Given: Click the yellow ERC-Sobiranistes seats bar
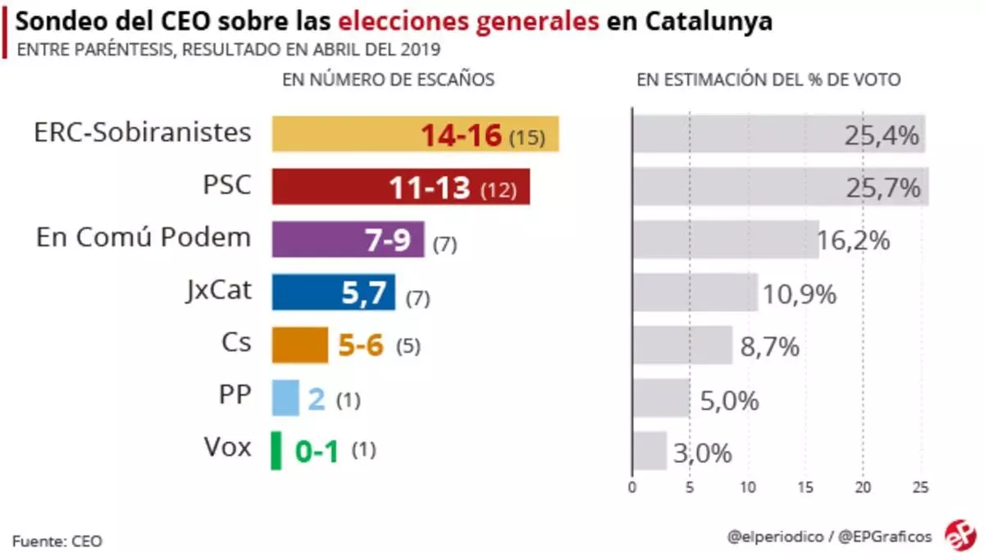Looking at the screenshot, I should [415, 134].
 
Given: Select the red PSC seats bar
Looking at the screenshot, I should [400, 187].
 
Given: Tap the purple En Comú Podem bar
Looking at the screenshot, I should [348, 240].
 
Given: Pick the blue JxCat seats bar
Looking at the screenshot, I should [333, 292].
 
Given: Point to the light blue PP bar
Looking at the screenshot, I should [285, 397].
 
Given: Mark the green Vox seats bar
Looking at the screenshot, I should [276, 451].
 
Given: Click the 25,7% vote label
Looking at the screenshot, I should [882, 188].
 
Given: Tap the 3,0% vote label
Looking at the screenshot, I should [703, 452].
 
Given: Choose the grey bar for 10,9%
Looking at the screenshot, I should [695, 292].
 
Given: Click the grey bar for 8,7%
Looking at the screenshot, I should [682, 345].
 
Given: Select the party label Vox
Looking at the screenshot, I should [227, 448].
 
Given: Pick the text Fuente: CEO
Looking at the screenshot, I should [57, 541].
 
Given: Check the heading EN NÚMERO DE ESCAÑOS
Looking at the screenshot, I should [388, 79].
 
